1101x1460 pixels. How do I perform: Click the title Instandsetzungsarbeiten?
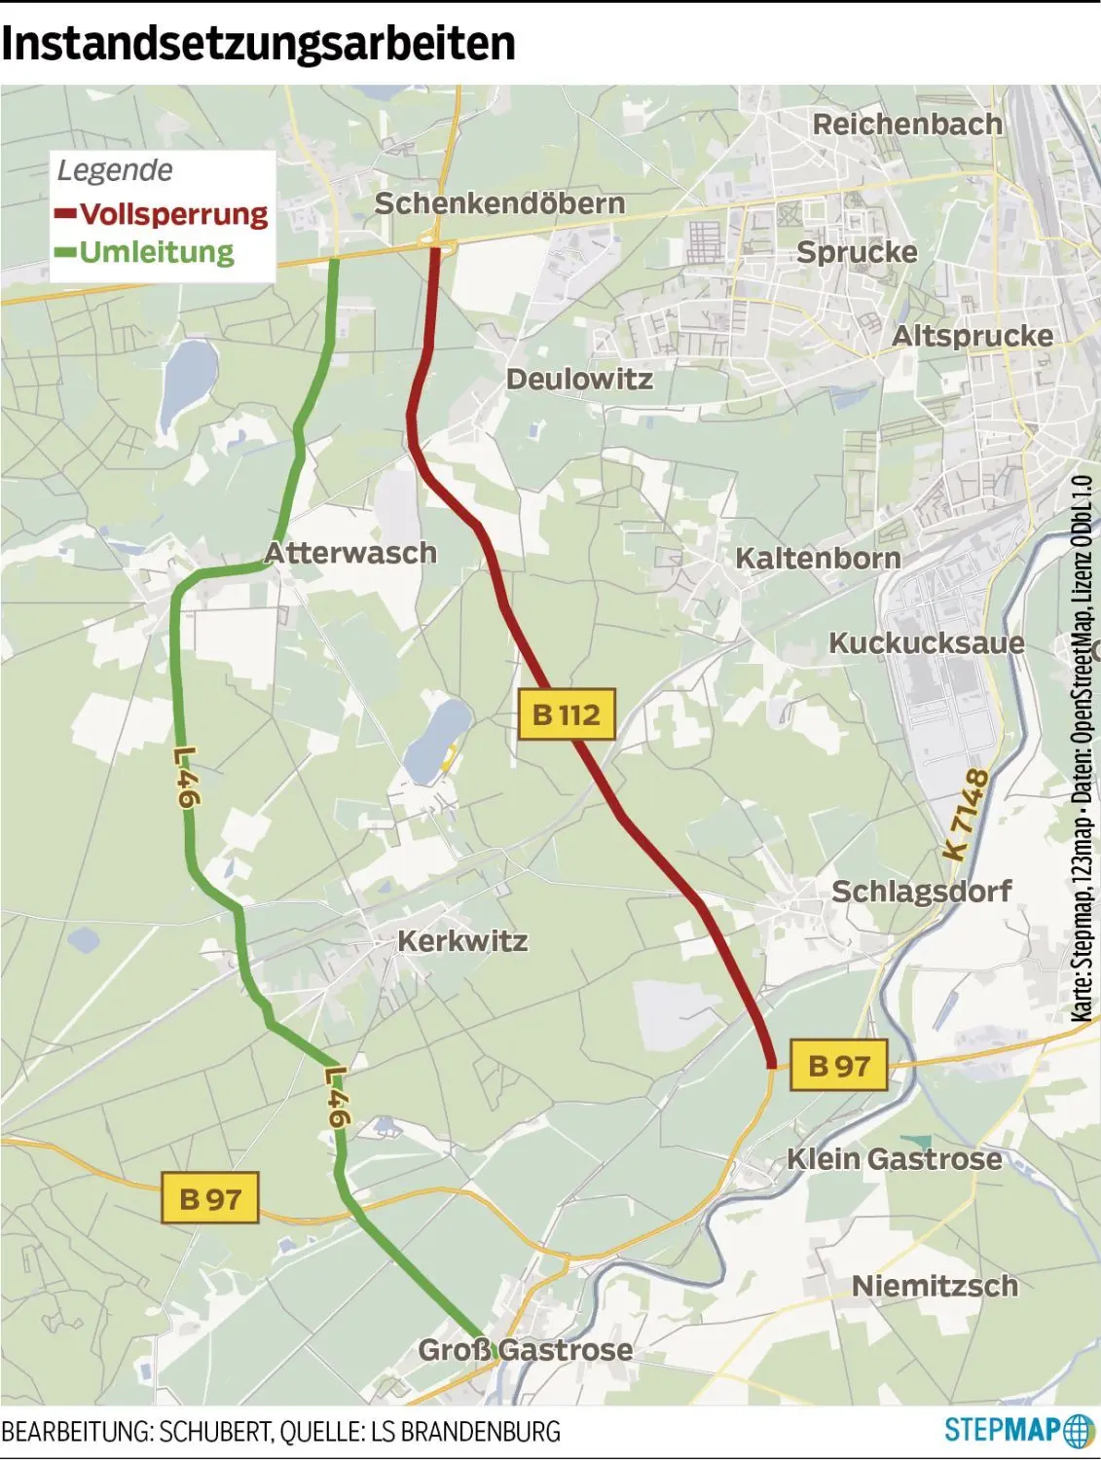258,44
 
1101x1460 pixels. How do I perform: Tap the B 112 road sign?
567,714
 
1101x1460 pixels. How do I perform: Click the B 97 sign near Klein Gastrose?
838,1065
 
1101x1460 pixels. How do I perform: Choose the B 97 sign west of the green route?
210,1197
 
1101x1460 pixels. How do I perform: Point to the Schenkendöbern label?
499,203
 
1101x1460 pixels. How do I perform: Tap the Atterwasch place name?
350,553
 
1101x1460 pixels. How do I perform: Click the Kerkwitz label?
462,941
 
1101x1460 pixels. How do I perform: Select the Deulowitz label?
579,379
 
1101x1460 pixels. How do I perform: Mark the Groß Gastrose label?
526,1350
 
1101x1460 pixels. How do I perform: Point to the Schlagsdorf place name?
921,891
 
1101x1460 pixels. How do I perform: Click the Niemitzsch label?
935,1286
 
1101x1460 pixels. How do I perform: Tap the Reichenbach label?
907,125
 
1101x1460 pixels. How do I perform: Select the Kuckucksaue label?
926,643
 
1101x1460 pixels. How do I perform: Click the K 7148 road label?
967,815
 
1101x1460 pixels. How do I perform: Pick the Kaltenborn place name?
818,559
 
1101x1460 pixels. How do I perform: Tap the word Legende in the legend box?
115,170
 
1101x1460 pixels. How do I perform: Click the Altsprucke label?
973,336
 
